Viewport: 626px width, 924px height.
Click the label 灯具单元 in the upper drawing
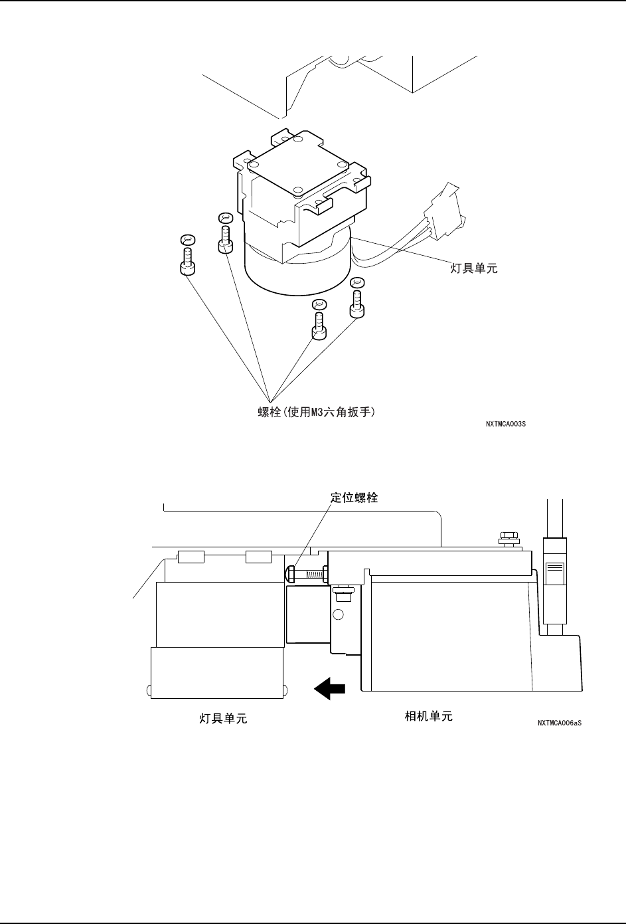tap(470, 269)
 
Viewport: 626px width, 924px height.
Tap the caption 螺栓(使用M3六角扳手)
tap(317, 413)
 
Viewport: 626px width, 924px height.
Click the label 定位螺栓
tap(354, 498)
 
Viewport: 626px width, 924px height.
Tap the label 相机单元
tap(429, 717)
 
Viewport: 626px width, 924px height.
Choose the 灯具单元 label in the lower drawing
tap(224, 718)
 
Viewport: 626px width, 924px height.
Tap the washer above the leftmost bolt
tap(187, 239)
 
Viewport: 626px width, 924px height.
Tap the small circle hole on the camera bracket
tap(338, 614)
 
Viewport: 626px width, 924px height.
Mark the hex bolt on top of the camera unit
tap(509, 537)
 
